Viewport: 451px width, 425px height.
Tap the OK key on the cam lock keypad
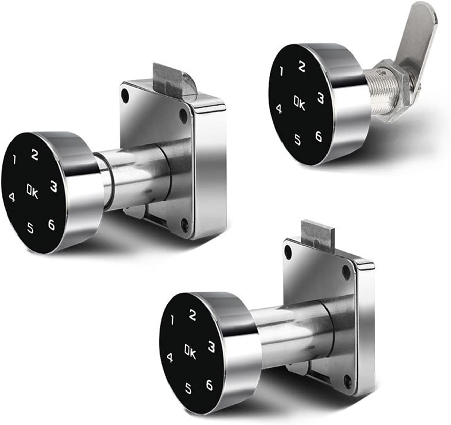click(x=299, y=104)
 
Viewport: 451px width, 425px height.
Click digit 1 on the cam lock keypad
click(x=281, y=71)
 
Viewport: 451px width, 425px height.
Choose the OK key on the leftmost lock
click(x=33, y=192)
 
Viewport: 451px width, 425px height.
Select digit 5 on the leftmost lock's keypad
click(x=31, y=229)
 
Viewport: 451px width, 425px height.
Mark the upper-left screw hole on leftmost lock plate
click(x=126, y=93)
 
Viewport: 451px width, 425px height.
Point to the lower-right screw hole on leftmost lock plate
click(x=184, y=223)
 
